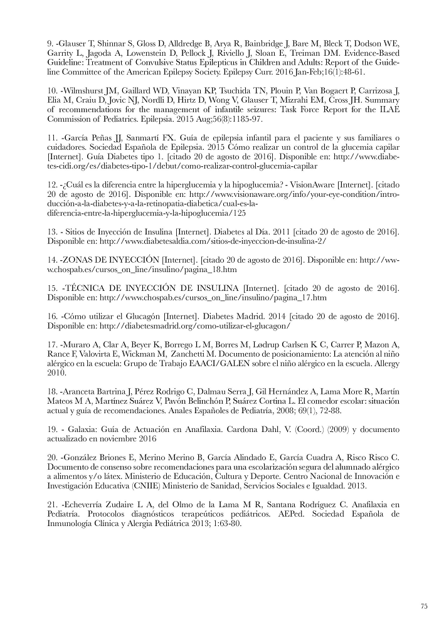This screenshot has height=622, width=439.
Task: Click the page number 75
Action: tap(423, 606)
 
